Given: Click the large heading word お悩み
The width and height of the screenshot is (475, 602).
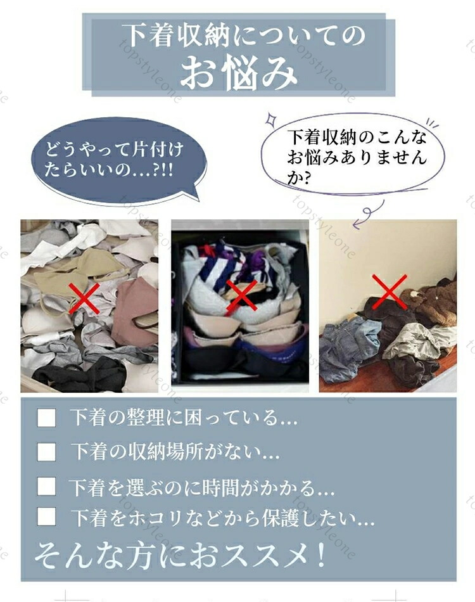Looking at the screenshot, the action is tap(239, 73).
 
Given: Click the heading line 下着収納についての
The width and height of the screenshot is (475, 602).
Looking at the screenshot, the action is tap(243, 35).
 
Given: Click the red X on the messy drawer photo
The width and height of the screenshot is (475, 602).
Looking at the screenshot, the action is tap(84, 298).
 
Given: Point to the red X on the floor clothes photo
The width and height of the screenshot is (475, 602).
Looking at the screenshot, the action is tap(389, 291).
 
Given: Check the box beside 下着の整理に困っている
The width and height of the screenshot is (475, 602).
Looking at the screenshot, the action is tap(46, 418).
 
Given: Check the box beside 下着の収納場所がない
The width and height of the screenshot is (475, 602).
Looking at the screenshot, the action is tap(46, 451).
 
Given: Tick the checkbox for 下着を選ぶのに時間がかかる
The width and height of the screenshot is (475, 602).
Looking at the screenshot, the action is tap(46, 486).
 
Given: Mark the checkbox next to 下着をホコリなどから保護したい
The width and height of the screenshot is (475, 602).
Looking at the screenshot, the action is tap(46, 516).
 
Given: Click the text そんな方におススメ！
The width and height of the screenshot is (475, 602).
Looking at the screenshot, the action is tap(180, 555).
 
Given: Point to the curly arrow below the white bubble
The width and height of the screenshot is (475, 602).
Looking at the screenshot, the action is tap(369, 214).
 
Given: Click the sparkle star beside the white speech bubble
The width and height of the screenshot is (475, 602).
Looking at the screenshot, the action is tap(272, 120).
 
